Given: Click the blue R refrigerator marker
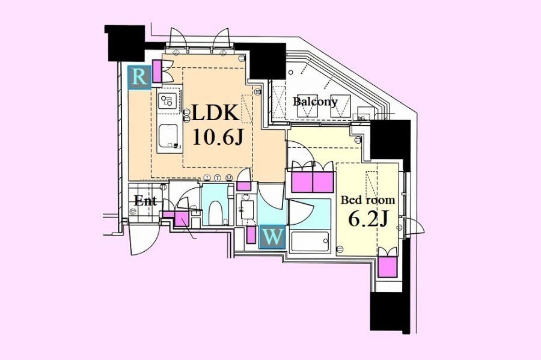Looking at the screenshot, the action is point(139,78).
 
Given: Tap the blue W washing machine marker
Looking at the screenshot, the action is point(272,237).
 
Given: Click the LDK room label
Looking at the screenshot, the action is point(215,113).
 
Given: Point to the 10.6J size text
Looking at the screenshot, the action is point(218,138).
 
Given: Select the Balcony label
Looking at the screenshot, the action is point(315,102).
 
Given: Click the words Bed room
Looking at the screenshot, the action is point(368,200).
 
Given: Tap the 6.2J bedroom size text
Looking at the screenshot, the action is point(368,219).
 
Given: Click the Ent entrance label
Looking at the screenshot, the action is point(145,200).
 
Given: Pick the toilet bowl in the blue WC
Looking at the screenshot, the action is point(215,213).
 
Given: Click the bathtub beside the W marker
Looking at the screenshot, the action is point(309,242).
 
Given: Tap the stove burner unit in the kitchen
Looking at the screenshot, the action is point(168,101).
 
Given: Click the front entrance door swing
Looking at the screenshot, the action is point(143,240).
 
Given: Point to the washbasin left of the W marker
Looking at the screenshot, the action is point(246,209).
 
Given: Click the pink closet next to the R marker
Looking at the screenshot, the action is point(157,72).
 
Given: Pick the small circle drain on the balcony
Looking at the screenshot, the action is point(291,72).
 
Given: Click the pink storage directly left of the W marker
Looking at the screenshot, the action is point(251,235).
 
